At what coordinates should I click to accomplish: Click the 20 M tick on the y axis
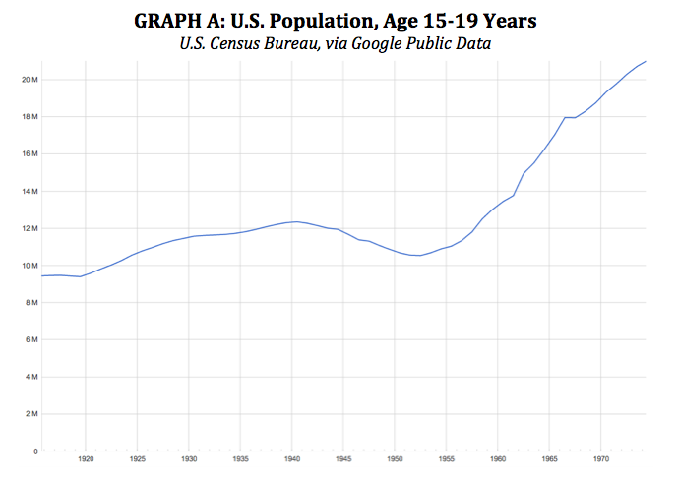click(30, 80)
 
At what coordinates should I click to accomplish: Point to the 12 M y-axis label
click(30, 228)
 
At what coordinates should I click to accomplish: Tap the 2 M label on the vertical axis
click(31, 414)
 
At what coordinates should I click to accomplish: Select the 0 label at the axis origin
click(35, 451)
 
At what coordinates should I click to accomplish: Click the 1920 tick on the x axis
click(86, 459)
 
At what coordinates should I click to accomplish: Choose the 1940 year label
click(292, 459)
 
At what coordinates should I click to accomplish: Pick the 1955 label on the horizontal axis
click(446, 459)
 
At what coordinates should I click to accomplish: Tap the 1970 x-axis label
click(601, 459)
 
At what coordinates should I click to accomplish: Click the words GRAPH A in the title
click(179, 21)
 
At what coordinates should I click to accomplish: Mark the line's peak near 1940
click(296, 221)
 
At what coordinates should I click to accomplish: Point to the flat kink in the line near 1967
click(570, 118)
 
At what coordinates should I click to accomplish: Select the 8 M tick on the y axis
click(31, 303)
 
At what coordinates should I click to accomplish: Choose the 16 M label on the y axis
click(30, 153)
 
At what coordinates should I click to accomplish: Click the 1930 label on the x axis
click(189, 459)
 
